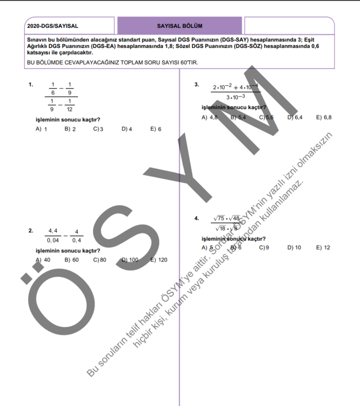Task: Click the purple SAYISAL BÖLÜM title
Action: point(179,25)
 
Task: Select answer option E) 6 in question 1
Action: point(156,129)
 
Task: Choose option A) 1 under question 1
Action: point(42,129)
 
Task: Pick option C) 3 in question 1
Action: point(98,129)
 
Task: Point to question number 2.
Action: point(31,231)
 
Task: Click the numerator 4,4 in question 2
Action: point(52,231)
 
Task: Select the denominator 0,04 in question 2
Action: point(52,240)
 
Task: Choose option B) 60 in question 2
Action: point(71,260)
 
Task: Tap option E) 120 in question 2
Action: point(159,260)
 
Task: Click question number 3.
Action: point(196,84)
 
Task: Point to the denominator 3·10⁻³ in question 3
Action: point(236,96)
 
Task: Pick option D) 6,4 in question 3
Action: point(295,117)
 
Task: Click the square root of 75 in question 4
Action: point(220,218)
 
